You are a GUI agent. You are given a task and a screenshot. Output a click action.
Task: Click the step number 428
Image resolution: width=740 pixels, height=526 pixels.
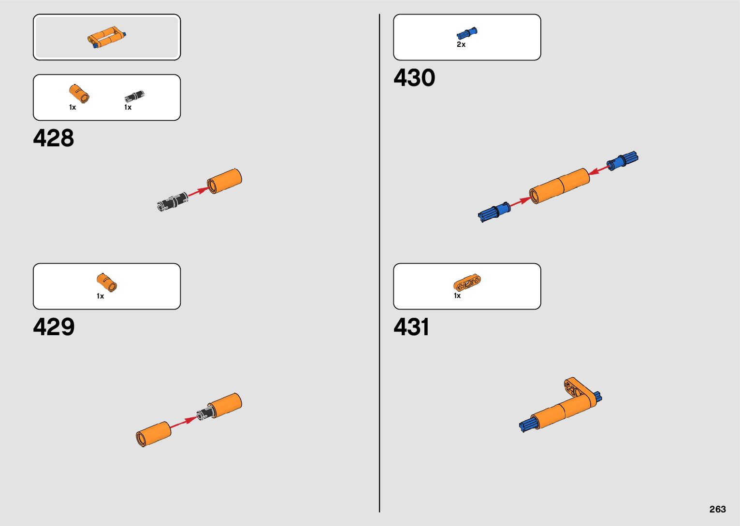click(54, 138)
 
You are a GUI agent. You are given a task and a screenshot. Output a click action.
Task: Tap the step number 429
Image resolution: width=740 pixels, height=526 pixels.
click(54, 327)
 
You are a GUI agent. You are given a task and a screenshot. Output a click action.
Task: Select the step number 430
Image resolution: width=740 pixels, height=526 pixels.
click(414, 78)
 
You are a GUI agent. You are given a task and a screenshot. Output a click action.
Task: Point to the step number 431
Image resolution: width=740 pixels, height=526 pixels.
click(411, 327)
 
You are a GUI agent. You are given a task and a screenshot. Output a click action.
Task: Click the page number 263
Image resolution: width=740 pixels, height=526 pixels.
click(717, 509)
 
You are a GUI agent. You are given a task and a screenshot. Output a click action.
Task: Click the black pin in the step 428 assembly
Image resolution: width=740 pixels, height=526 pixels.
click(173, 201)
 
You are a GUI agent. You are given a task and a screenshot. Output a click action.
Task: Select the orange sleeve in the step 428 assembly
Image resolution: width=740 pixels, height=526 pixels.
click(224, 181)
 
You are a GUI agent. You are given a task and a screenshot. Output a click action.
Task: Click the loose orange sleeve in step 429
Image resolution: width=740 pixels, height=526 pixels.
click(153, 433)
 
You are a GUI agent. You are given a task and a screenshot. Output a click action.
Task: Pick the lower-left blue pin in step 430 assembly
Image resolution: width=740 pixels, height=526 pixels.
click(494, 212)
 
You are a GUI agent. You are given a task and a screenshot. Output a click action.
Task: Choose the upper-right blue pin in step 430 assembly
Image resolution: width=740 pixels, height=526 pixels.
click(623, 160)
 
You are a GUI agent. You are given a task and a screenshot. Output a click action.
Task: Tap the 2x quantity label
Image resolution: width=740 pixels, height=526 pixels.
click(461, 44)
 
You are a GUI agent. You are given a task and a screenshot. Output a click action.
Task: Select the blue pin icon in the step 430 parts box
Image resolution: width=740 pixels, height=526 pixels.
click(467, 33)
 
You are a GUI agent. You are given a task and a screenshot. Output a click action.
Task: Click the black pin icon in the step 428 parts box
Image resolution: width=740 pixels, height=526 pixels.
click(134, 96)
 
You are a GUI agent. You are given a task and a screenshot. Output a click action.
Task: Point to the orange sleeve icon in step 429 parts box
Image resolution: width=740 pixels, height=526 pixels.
click(106, 282)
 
